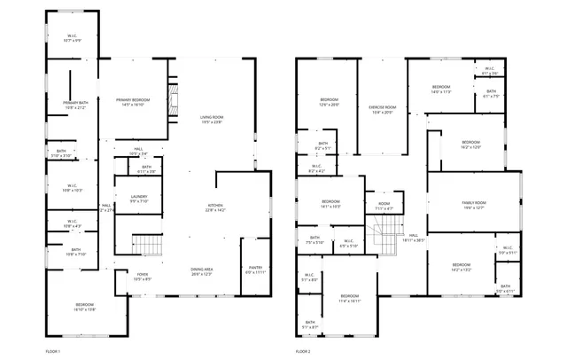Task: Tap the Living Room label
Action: tap(211, 120)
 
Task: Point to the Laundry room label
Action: tap(138, 199)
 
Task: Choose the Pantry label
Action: tap(255, 270)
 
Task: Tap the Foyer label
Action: tap(143, 277)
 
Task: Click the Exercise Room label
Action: tap(383, 109)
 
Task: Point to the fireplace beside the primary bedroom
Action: tap(175, 98)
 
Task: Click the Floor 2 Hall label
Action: tap(414, 237)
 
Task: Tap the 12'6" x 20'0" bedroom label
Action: tap(329, 101)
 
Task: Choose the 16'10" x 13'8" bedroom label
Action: tap(84, 307)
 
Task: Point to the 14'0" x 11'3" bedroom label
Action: tap(441, 90)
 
